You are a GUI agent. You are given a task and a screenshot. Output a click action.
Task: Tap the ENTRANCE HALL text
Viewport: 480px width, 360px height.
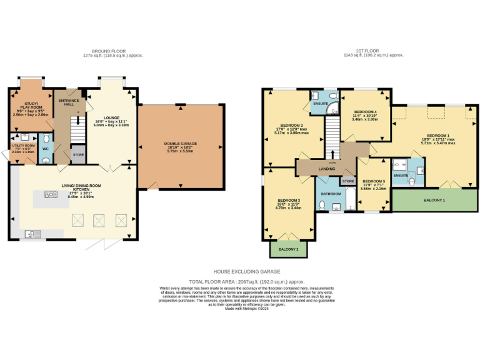click(66, 102)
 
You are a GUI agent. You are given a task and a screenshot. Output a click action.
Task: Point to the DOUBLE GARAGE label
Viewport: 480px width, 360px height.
click(181, 143)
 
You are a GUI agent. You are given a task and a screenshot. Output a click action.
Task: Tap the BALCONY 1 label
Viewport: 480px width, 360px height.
click(434, 200)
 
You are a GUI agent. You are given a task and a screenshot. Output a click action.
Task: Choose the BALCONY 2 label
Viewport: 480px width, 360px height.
click(284, 249)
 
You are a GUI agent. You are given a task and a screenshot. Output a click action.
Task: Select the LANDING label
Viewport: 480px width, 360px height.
click(327, 169)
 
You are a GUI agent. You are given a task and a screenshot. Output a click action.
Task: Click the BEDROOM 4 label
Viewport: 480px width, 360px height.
click(364, 111)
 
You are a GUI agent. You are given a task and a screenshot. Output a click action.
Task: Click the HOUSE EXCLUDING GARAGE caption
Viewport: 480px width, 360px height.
click(247, 272)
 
